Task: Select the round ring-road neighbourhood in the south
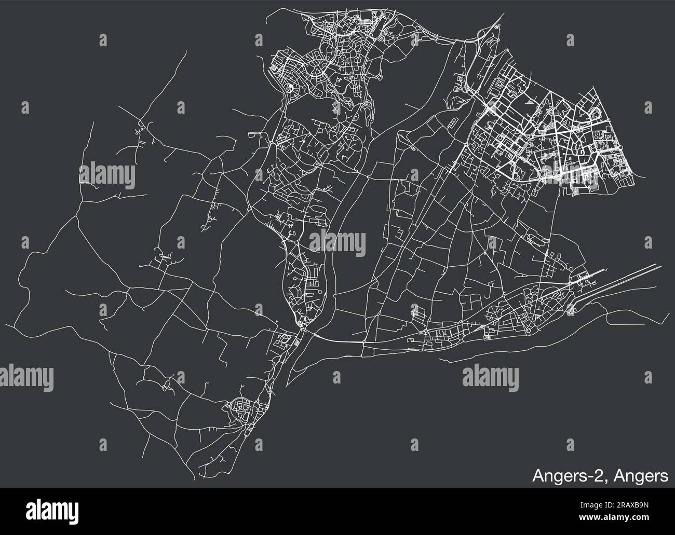tap(239, 404)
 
